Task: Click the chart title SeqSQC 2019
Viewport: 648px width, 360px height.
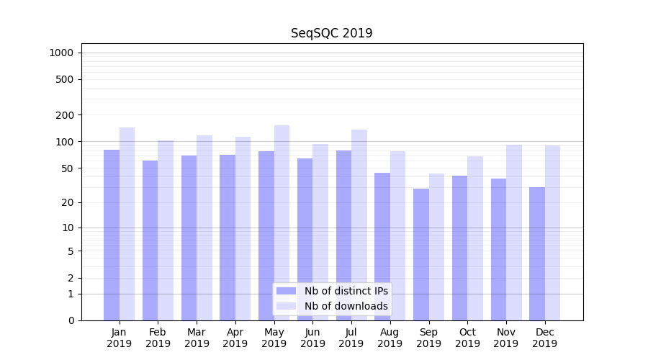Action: pyautogui.click(x=331, y=33)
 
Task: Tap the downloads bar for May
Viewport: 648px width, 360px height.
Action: pyautogui.click(x=282, y=222)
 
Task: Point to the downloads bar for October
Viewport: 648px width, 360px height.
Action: pyautogui.click(x=475, y=238)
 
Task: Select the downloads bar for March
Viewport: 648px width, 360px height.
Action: pyautogui.click(x=204, y=228)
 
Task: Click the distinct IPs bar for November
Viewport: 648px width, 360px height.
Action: pyautogui.click(x=498, y=249)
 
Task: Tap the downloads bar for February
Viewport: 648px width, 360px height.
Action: pyautogui.click(x=166, y=230)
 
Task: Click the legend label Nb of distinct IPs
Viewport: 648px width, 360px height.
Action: pyautogui.click(x=346, y=291)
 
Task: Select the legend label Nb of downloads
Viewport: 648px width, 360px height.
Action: pyautogui.click(x=346, y=306)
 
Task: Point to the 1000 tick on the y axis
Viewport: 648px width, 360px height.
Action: pyautogui.click(x=61, y=53)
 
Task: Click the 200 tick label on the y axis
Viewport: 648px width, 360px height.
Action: pyautogui.click(x=64, y=115)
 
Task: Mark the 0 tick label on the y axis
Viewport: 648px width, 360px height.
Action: pyautogui.click(x=71, y=320)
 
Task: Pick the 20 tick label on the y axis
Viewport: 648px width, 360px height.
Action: pyautogui.click(x=67, y=202)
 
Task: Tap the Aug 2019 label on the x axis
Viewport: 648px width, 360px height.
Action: pyautogui.click(x=390, y=338)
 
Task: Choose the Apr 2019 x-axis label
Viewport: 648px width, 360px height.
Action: pyautogui.click(x=235, y=338)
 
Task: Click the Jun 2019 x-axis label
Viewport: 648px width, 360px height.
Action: pyautogui.click(x=312, y=338)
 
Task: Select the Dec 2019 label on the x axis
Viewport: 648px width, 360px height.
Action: pyautogui.click(x=544, y=338)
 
